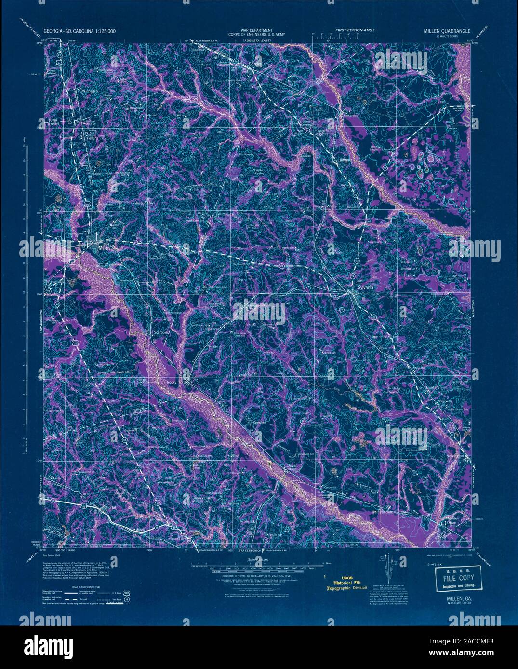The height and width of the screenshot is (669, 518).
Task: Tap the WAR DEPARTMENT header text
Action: click(x=258, y=30)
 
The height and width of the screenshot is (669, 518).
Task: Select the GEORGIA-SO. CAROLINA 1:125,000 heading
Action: click(x=80, y=31)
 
